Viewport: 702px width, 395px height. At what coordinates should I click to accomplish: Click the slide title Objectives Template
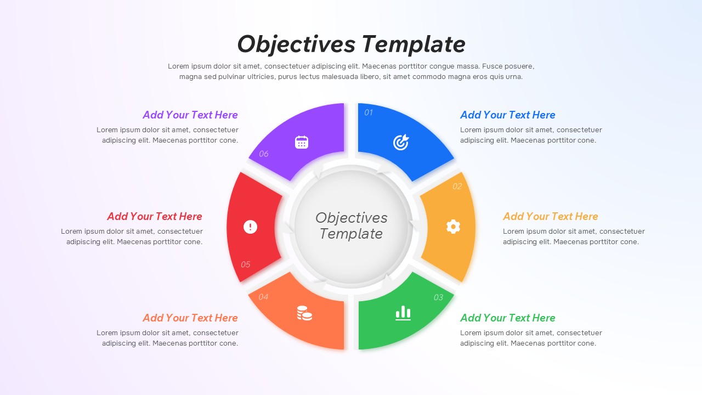[x=351, y=44]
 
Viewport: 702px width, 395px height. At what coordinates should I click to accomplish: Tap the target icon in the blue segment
[x=401, y=143]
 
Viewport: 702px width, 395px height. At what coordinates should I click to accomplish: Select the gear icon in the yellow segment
[x=453, y=227]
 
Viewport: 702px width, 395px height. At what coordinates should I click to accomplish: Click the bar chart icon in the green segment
[x=403, y=313]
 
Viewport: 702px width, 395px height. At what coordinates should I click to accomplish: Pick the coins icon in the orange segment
[x=304, y=313]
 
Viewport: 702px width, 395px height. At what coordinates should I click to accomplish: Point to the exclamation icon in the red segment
[x=250, y=227]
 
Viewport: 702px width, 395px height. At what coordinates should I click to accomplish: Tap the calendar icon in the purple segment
[x=302, y=143]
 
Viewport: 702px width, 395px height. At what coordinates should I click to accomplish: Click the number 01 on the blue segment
[x=369, y=112]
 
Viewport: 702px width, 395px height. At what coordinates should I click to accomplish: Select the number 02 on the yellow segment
[x=457, y=187]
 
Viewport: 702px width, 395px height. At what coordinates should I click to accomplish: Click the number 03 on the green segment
[x=438, y=297]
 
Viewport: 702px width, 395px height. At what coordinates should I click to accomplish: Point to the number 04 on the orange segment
[x=264, y=297]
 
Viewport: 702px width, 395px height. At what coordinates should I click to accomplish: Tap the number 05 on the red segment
[x=245, y=264]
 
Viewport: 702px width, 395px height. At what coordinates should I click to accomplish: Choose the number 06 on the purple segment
[x=264, y=154]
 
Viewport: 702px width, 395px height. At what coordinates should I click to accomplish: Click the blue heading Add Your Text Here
[x=507, y=115]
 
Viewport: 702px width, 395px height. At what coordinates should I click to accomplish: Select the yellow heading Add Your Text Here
[x=550, y=217]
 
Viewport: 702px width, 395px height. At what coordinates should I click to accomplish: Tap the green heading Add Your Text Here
[x=507, y=318]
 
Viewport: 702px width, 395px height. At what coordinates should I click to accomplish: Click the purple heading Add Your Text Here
[x=190, y=115]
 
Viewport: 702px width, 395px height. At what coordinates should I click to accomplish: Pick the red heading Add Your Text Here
[x=155, y=217]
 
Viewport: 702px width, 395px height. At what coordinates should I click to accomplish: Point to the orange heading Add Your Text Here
[x=190, y=318]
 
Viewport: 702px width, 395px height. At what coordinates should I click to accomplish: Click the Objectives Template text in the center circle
[x=351, y=226]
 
